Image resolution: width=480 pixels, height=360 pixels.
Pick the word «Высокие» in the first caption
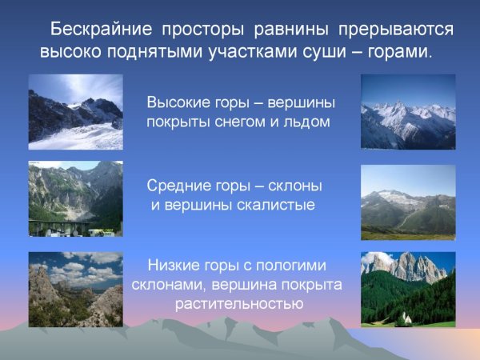click(178, 104)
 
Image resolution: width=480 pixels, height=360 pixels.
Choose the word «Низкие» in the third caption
click(174, 266)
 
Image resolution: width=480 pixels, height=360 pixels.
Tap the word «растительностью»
click(238, 305)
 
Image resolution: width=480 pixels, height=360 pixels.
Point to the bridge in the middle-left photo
click(64, 227)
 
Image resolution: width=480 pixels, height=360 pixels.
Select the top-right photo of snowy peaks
click(408, 112)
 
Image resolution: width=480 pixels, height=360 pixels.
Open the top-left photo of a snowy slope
click(76, 112)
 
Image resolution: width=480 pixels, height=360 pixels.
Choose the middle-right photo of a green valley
click(408, 202)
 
